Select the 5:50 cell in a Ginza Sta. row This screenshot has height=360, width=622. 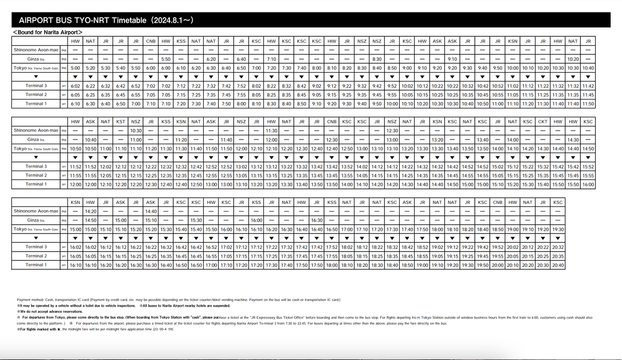[166, 59]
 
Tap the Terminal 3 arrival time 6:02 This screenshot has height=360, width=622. [75, 86]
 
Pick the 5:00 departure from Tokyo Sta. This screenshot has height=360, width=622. [75, 68]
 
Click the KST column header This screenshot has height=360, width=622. [120, 121]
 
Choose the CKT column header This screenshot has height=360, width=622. [543, 121]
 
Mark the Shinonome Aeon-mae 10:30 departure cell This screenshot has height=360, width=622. [136, 130]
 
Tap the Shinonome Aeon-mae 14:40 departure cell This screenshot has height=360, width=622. [151, 211]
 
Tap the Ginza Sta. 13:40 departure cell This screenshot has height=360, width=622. [483, 140]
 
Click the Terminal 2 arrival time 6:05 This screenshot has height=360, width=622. [75, 94]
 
